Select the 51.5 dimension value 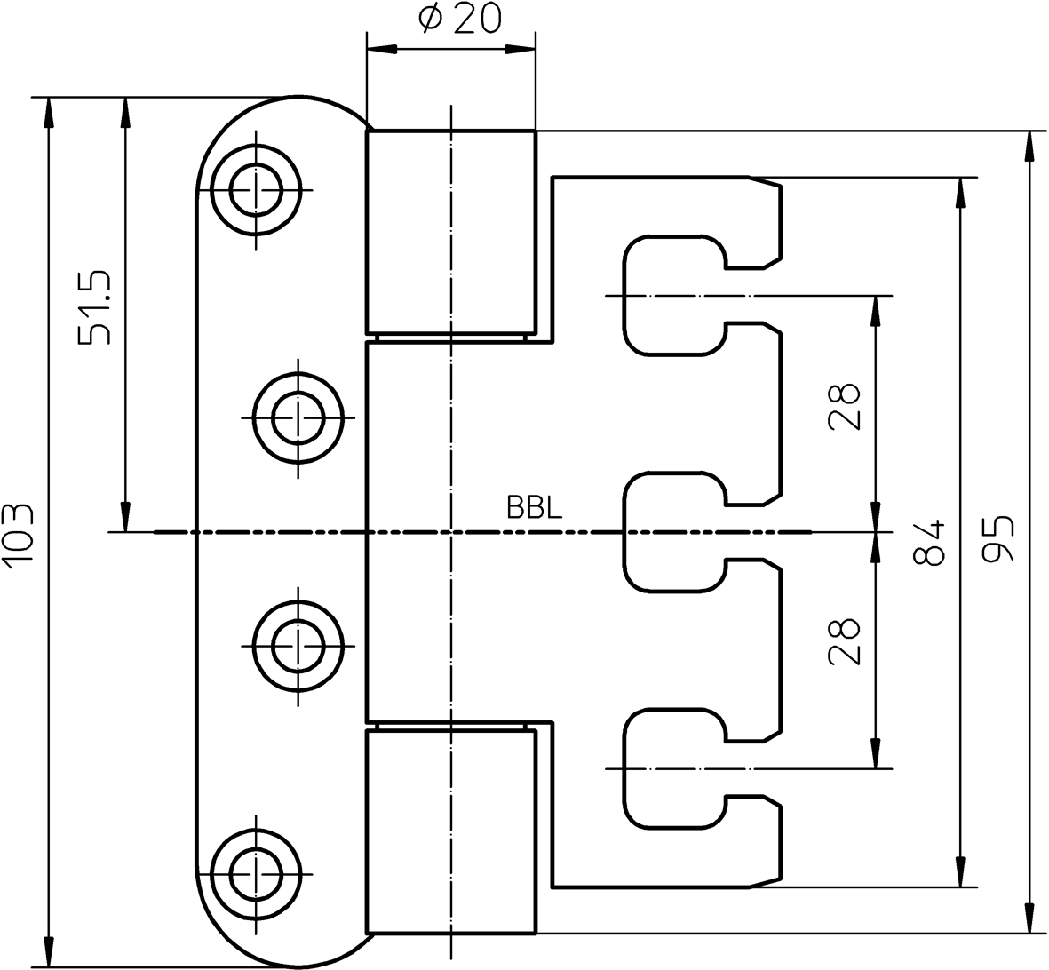[x=94, y=306]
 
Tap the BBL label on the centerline [x=534, y=508]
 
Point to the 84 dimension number [x=929, y=543]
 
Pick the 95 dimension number [x=999, y=538]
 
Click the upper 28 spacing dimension [x=845, y=406]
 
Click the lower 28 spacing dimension [x=845, y=641]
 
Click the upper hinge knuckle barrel [x=451, y=233]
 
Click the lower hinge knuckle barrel [x=451, y=831]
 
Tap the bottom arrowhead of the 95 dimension [x=1030, y=918]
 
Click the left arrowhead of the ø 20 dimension [x=381, y=47]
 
